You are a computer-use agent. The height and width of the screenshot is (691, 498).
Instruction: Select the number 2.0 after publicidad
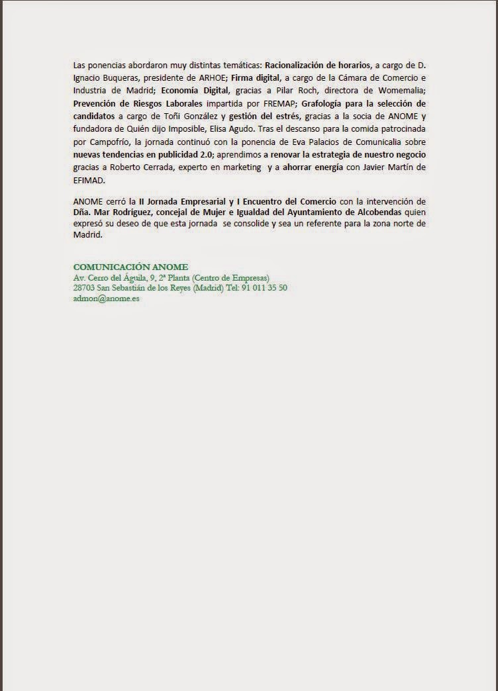click(202, 154)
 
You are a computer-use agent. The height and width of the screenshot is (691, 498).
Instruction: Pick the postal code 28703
click(85, 288)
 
